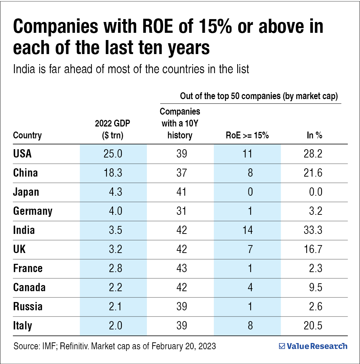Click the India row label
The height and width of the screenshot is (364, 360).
click(24, 230)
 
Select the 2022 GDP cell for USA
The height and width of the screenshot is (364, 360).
click(113, 154)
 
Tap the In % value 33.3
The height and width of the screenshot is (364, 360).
click(312, 230)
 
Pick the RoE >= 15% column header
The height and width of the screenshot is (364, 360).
click(247, 136)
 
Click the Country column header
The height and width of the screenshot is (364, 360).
click(27, 136)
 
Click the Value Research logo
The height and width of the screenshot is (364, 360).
click(313, 346)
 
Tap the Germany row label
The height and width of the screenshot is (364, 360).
click(33, 211)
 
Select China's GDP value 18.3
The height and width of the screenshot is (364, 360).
click(113, 173)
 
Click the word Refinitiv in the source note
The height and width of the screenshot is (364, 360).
click(76, 347)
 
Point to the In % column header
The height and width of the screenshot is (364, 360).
click(314, 136)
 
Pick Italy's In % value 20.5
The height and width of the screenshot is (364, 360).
click(312, 325)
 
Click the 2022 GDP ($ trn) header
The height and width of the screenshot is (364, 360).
click(112, 129)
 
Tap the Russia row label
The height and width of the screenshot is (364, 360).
click(28, 306)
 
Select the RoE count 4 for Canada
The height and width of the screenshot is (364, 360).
click(250, 287)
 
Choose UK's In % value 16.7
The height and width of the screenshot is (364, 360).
click(312, 249)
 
